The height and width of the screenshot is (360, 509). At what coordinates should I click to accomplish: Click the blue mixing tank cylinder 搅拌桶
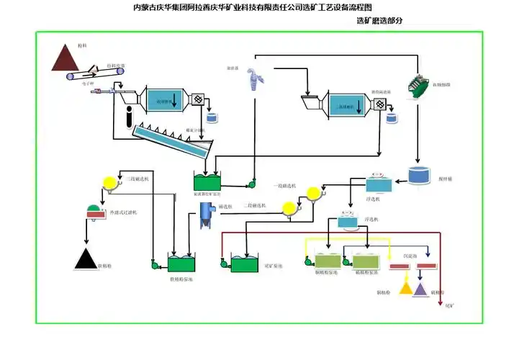[418, 175]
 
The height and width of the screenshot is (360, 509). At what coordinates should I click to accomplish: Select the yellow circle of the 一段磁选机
[313, 194]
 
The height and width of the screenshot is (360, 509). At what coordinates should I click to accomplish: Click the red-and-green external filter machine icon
[94, 212]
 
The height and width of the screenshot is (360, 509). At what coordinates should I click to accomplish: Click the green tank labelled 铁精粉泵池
[181, 263]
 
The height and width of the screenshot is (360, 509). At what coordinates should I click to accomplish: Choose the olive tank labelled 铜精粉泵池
[328, 261]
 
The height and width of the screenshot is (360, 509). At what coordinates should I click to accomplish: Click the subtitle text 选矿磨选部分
[379, 21]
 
